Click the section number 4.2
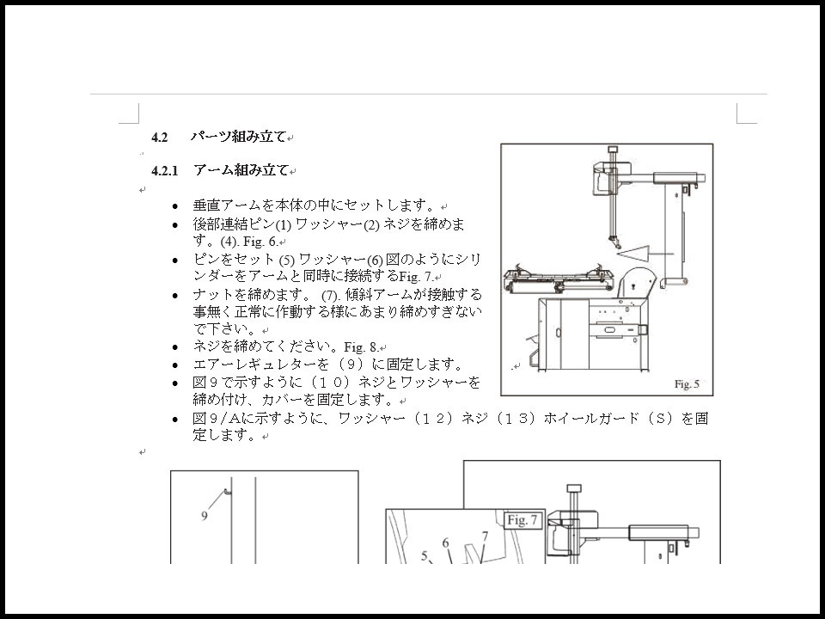pyautogui.click(x=160, y=138)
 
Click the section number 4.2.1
pyautogui.click(x=165, y=171)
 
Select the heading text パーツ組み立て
pyautogui.click(x=238, y=137)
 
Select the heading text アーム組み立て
pyautogui.click(x=241, y=170)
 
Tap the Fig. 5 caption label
pyautogui.click(x=687, y=384)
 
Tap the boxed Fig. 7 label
pyautogui.click(x=522, y=521)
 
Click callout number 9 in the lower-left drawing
pyautogui.click(x=205, y=516)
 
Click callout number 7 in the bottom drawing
pyautogui.click(x=485, y=536)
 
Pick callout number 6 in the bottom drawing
pyautogui.click(x=446, y=543)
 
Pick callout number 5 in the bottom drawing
pyautogui.click(x=425, y=556)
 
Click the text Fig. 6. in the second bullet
pyautogui.click(x=260, y=242)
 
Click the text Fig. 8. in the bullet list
pyautogui.click(x=362, y=347)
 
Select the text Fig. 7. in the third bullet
pyautogui.click(x=417, y=276)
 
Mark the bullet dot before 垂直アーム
pyautogui.click(x=175, y=206)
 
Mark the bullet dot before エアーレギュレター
pyautogui.click(x=175, y=365)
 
